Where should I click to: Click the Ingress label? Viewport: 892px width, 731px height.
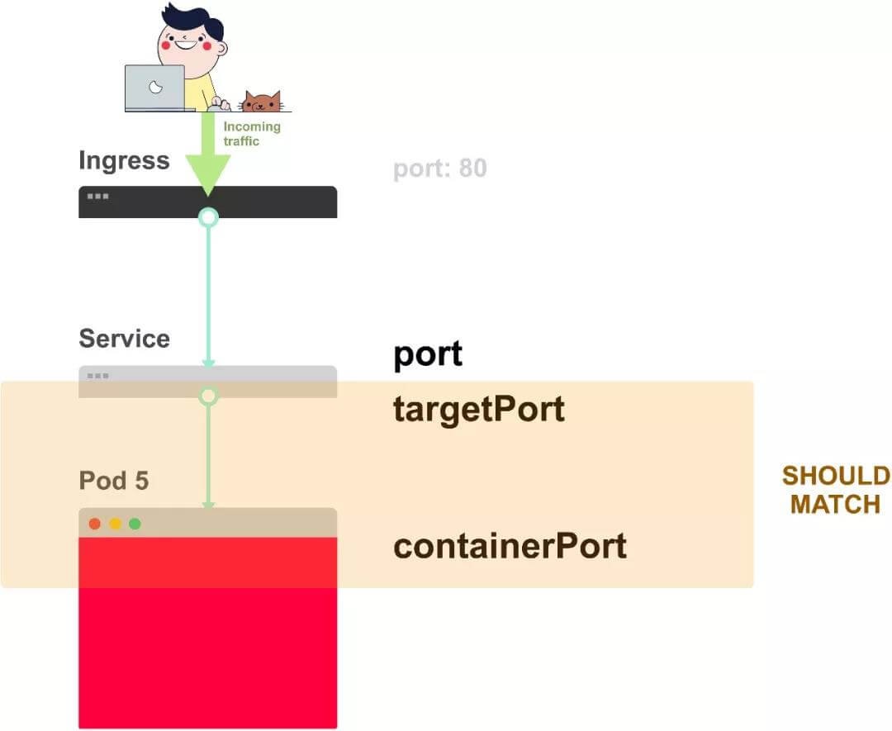pos(124,160)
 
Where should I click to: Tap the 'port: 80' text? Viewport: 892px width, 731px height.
pos(439,169)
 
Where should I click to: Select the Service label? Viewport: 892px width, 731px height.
pos(124,339)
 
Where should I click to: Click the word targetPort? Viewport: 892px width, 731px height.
pos(479,410)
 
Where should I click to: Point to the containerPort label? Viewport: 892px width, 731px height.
pos(510,546)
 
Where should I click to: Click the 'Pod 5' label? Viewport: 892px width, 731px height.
pos(114,481)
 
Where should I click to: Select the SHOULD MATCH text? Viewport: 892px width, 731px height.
pos(836,490)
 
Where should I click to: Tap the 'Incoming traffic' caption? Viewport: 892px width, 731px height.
pos(252,134)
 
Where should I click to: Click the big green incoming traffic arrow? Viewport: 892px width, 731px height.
pos(207,157)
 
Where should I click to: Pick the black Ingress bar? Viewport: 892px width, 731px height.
pos(273,202)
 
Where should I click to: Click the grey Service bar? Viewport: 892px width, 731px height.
pos(273,381)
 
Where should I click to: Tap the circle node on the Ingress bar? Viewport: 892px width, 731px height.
pos(208,217)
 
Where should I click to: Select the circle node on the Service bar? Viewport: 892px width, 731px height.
pos(208,396)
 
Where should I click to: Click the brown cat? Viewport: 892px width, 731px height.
pos(261,102)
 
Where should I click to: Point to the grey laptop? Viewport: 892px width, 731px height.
pos(154,88)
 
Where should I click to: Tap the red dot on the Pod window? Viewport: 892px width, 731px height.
pos(95,524)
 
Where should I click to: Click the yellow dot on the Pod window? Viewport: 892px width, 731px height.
pos(115,524)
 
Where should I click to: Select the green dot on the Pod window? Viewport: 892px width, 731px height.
pos(135,524)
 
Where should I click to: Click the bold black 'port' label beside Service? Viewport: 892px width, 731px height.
pos(428,354)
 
